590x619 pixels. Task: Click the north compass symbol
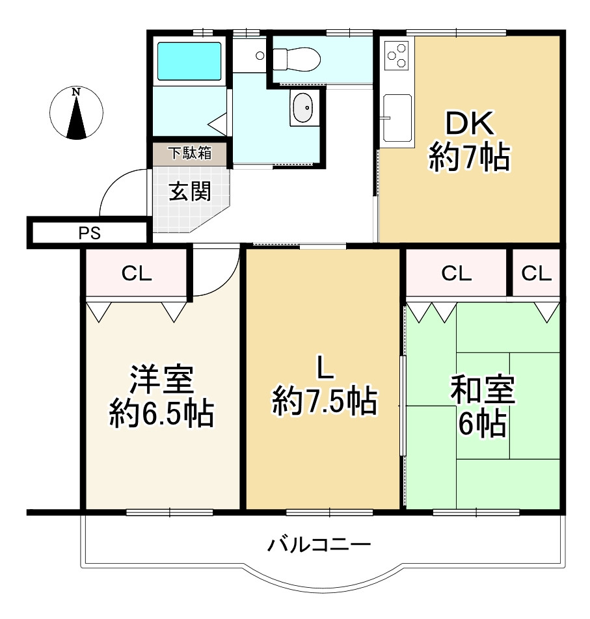click(x=77, y=113)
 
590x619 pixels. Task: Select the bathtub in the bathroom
click(x=190, y=60)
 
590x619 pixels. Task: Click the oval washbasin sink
click(x=302, y=107)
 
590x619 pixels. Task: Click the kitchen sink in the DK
click(x=397, y=117)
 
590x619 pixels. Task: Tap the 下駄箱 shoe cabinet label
click(x=189, y=153)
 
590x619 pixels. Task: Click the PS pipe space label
click(x=90, y=233)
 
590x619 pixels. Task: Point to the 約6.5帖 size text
click(x=161, y=413)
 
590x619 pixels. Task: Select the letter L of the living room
click(x=325, y=368)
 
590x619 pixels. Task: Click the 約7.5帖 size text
click(x=325, y=401)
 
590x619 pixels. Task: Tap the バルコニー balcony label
click(x=319, y=544)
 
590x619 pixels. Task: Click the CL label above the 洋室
click(x=137, y=274)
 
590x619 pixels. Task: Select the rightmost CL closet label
click(x=536, y=274)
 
